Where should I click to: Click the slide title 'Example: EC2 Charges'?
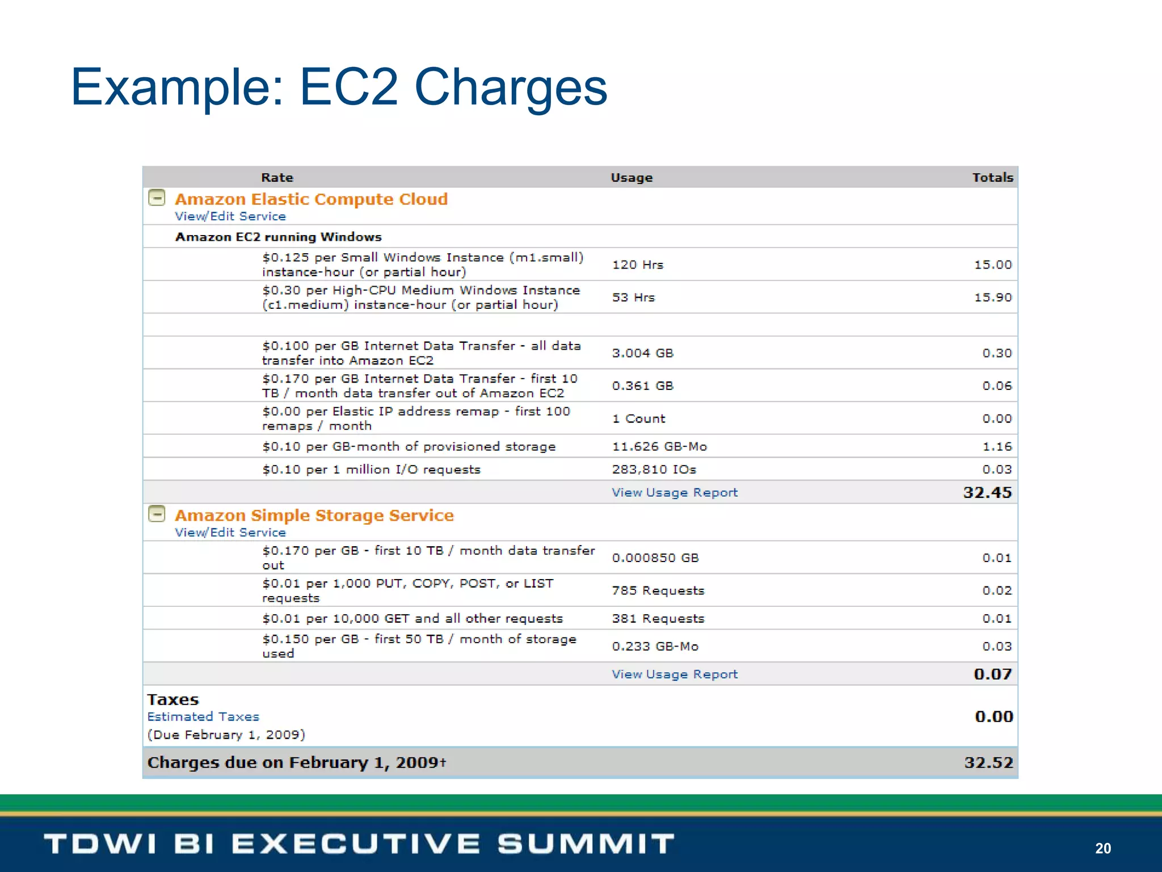(x=339, y=87)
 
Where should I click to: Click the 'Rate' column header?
(x=277, y=178)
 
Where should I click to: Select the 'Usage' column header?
(x=631, y=178)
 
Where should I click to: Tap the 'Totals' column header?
(x=992, y=178)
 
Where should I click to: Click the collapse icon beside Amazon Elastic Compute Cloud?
(x=157, y=198)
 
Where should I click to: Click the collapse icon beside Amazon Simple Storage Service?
(x=157, y=514)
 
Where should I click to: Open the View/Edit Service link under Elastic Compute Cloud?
(x=230, y=216)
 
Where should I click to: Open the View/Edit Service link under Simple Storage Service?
(x=230, y=533)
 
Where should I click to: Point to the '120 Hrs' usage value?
(x=637, y=265)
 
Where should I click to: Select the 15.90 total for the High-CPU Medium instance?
(x=992, y=297)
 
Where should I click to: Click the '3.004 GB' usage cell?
(x=642, y=353)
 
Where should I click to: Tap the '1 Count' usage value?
(x=638, y=419)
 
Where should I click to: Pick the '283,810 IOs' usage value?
(x=654, y=469)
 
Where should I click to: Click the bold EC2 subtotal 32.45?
(x=987, y=492)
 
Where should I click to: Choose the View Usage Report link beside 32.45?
(x=675, y=493)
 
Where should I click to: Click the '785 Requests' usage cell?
(x=658, y=590)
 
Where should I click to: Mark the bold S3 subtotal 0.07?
(x=992, y=674)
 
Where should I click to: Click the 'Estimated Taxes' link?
(x=203, y=716)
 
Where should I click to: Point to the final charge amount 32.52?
(x=988, y=762)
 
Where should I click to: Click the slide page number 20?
(x=1102, y=848)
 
